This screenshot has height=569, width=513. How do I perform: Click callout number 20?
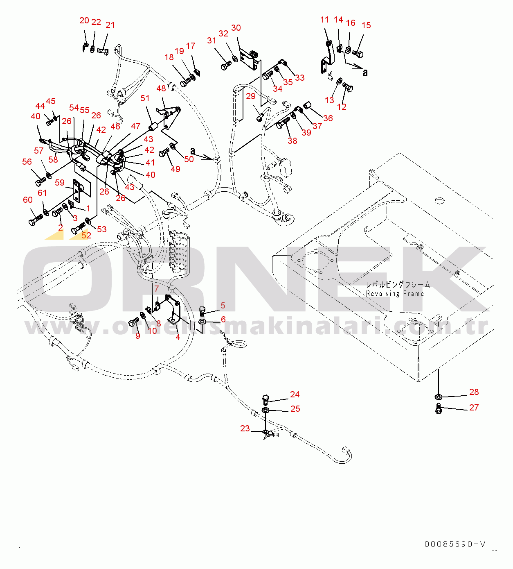click(x=84, y=20)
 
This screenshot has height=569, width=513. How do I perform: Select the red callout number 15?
click(x=366, y=25)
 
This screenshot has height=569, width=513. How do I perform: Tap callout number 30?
click(x=236, y=28)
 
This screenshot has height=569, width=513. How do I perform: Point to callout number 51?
click(x=145, y=98)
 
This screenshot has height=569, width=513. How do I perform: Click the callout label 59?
click(x=60, y=183)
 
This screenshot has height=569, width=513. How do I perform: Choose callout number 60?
click(x=28, y=200)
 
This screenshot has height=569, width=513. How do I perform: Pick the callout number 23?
click(x=245, y=428)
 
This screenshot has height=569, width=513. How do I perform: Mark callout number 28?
click(x=474, y=392)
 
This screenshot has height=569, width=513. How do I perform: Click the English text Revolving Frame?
click(x=395, y=294)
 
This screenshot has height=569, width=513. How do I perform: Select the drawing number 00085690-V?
click(x=455, y=544)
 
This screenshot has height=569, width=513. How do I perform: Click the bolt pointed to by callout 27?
click(x=439, y=408)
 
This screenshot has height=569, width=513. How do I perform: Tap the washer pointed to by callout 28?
click(x=438, y=397)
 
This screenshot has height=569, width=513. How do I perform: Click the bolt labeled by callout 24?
click(x=265, y=399)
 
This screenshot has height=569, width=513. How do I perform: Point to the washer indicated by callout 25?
click(x=265, y=410)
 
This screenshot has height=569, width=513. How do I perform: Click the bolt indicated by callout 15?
click(x=358, y=53)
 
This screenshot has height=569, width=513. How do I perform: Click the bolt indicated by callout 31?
click(x=225, y=65)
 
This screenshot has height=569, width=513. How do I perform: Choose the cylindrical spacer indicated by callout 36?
click(x=307, y=106)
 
